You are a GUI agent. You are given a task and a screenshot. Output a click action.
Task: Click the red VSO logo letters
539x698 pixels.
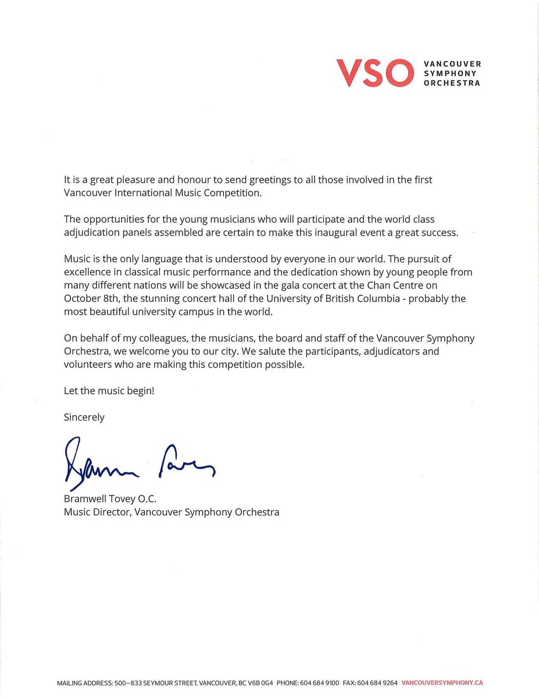pos(372,73)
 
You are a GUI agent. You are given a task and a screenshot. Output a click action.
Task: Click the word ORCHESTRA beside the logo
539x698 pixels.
pos(452,83)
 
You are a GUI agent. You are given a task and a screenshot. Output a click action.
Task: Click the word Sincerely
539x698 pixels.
pos(84,417)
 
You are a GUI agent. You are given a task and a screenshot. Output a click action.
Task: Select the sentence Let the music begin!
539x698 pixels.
pos(109,391)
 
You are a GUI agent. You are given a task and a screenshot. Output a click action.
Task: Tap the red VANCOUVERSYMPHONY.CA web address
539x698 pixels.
pos(442,683)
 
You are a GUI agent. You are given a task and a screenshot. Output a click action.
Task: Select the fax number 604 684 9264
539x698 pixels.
pos(378,683)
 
